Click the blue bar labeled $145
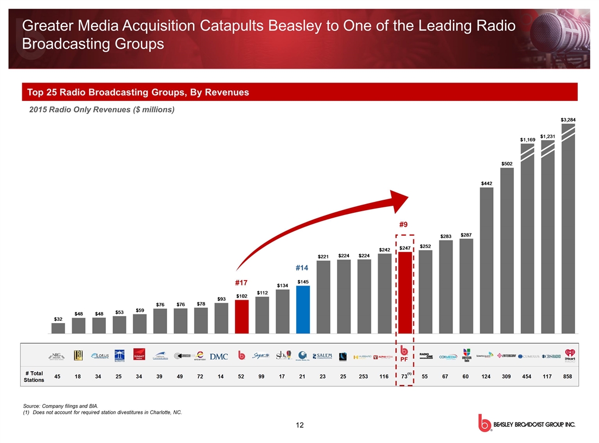tap(303, 309)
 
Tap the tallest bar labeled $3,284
tap(568, 228)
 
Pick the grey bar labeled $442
tap(487, 261)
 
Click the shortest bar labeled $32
tap(58, 328)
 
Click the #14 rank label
tap(302, 268)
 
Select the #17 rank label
tap(241, 282)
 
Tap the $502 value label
tap(507, 163)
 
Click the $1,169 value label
tap(527, 140)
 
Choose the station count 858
tap(569, 377)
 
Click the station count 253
tap(364, 377)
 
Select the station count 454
tap(527, 377)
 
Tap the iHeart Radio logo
tap(569, 356)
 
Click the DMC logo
tap(219, 356)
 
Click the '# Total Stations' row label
tap(34, 377)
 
